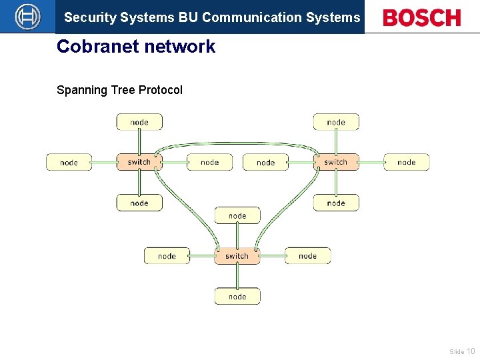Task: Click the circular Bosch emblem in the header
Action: [x=27, y=17]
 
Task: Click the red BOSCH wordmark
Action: [x=421, y=18]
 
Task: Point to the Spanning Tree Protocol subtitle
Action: [x=119, y=90]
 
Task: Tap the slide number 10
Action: [x=471, y=351]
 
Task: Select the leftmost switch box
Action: [x=139, y=162]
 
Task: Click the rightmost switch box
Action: [x=336, y=162]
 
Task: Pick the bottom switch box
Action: [x=237, y=256]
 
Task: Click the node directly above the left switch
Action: [x=139, y=122]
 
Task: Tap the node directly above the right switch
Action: [x=336, y=122]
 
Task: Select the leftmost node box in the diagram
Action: [x=69, y=162]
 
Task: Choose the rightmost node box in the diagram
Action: [x=406, y=162]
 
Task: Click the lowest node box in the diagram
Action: [x=237, y=297]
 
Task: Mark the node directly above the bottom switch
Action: [x=237, y=215]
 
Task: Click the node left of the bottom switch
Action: [x=167, y=256]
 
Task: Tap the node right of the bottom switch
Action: [x=307, y=256]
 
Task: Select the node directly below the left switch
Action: [x=139, y=203]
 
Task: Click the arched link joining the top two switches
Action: [x=237, y=143]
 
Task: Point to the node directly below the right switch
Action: [x=336, y=203]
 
